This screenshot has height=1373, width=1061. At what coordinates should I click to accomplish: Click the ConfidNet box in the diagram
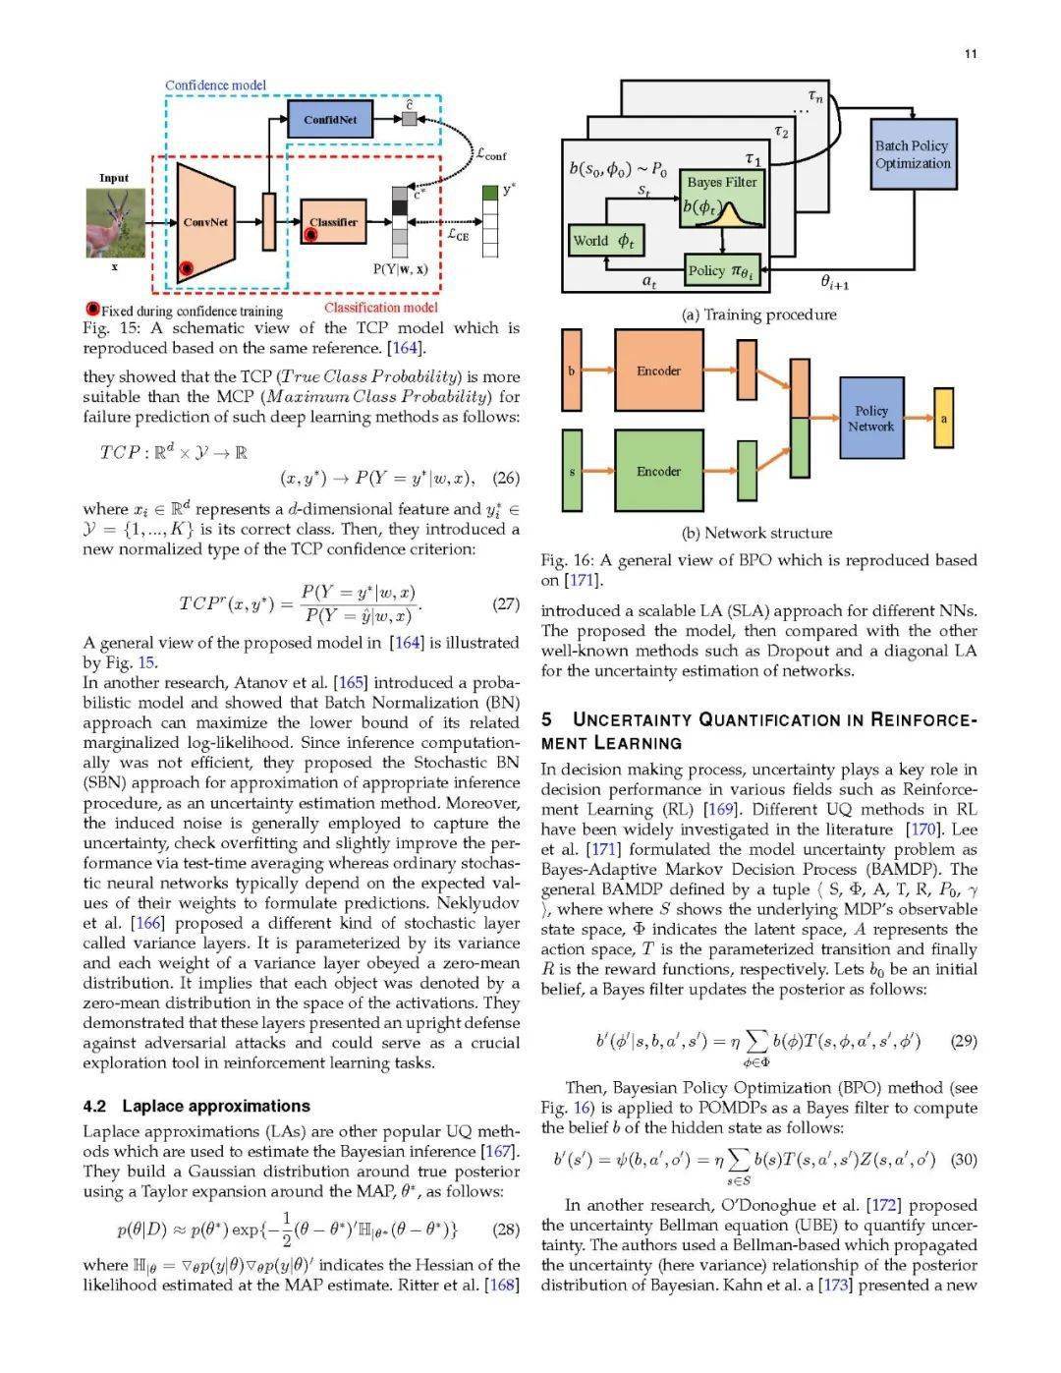click(x=330, y=120)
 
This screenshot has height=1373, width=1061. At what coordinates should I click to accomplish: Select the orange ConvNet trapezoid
click(x=206, y=222)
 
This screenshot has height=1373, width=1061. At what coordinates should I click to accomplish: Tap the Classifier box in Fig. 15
click(x=333, y=223)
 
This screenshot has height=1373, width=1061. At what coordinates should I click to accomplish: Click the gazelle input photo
click(x=114, y=221)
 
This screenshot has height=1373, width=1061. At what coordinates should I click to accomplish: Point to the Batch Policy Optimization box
click(x=913, y=154)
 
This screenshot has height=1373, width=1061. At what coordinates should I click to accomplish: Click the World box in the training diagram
click(x=603, y=241)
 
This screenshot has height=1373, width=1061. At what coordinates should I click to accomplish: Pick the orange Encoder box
click(x=658, y=371)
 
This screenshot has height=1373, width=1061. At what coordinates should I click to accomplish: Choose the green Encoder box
click(x=658, y=471)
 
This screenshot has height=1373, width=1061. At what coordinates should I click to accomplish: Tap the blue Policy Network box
click(x=870, y=419)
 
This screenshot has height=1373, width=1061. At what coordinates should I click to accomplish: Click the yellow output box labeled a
click(x=943, y=419)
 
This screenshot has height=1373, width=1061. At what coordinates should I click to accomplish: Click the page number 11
click(x=970, y=54)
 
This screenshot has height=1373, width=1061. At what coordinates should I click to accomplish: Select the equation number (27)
click(x=505, y=603)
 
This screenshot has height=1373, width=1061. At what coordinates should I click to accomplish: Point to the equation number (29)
click(x=964, y=1041)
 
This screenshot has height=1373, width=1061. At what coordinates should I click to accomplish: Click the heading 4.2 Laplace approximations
click(x=196, y=1106)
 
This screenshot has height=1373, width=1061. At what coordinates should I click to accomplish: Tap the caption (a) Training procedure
click(x=758, y=315)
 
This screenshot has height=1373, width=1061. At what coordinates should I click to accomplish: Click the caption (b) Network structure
click(x=756, y=533)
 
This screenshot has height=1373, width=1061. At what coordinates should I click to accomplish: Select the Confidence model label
click(x=215, y=86)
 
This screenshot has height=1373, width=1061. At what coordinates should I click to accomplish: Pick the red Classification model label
click(x=381, y=308)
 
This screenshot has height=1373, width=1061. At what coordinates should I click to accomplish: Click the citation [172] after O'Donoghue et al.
click(x=881, y=1205)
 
